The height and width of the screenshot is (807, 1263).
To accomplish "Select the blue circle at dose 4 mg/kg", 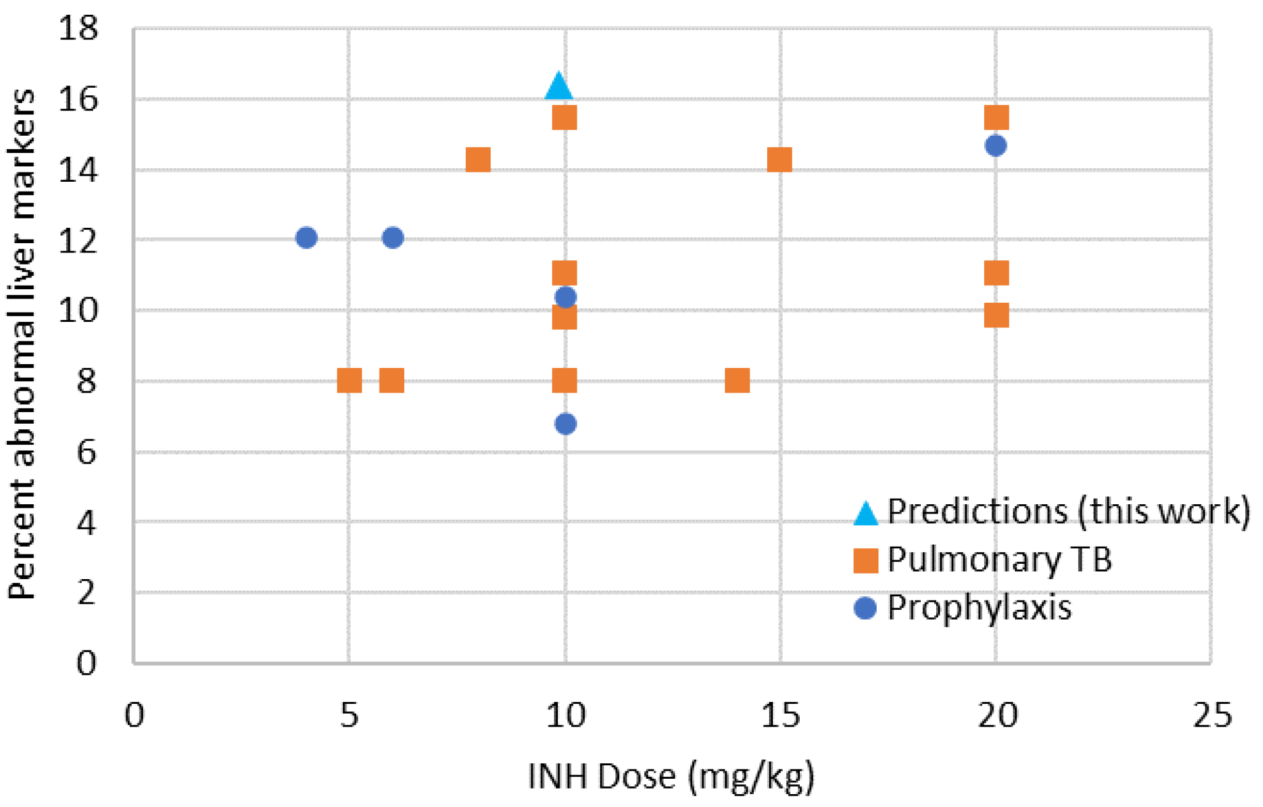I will click(x=307, y=238).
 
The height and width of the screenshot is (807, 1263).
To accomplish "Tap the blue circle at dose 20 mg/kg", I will click(x=996, y=146).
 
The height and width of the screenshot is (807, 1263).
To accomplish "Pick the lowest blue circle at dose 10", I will click(x=566, y=424).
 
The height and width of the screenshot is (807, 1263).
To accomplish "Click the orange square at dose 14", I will click(x=737, y=381).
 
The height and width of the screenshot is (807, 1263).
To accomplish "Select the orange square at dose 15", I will click(x=780, y=160).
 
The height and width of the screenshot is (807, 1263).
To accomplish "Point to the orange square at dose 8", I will click(x=478, y=160).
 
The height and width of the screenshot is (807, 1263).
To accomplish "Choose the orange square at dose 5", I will click(x=349, y=381).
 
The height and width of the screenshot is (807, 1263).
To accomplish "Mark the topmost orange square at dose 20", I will click(x=996, y=117).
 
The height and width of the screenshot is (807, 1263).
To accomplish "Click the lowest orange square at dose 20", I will click(x=996, y=316).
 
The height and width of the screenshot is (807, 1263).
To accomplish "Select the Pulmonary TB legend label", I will click(x=999, y=559).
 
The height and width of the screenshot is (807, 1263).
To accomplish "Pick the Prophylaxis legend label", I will click(x=979, y=608).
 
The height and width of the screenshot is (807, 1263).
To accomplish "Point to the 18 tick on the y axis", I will click(x=78, y=28).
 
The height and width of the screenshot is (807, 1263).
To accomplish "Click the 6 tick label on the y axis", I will click(x=86, y=453).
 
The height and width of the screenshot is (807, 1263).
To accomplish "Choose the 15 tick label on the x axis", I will click(x=780, y=716).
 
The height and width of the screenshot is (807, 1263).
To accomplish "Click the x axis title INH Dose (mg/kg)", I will click(x=671, y=776).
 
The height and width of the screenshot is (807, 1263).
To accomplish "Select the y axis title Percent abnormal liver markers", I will click(x=22, y=344).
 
